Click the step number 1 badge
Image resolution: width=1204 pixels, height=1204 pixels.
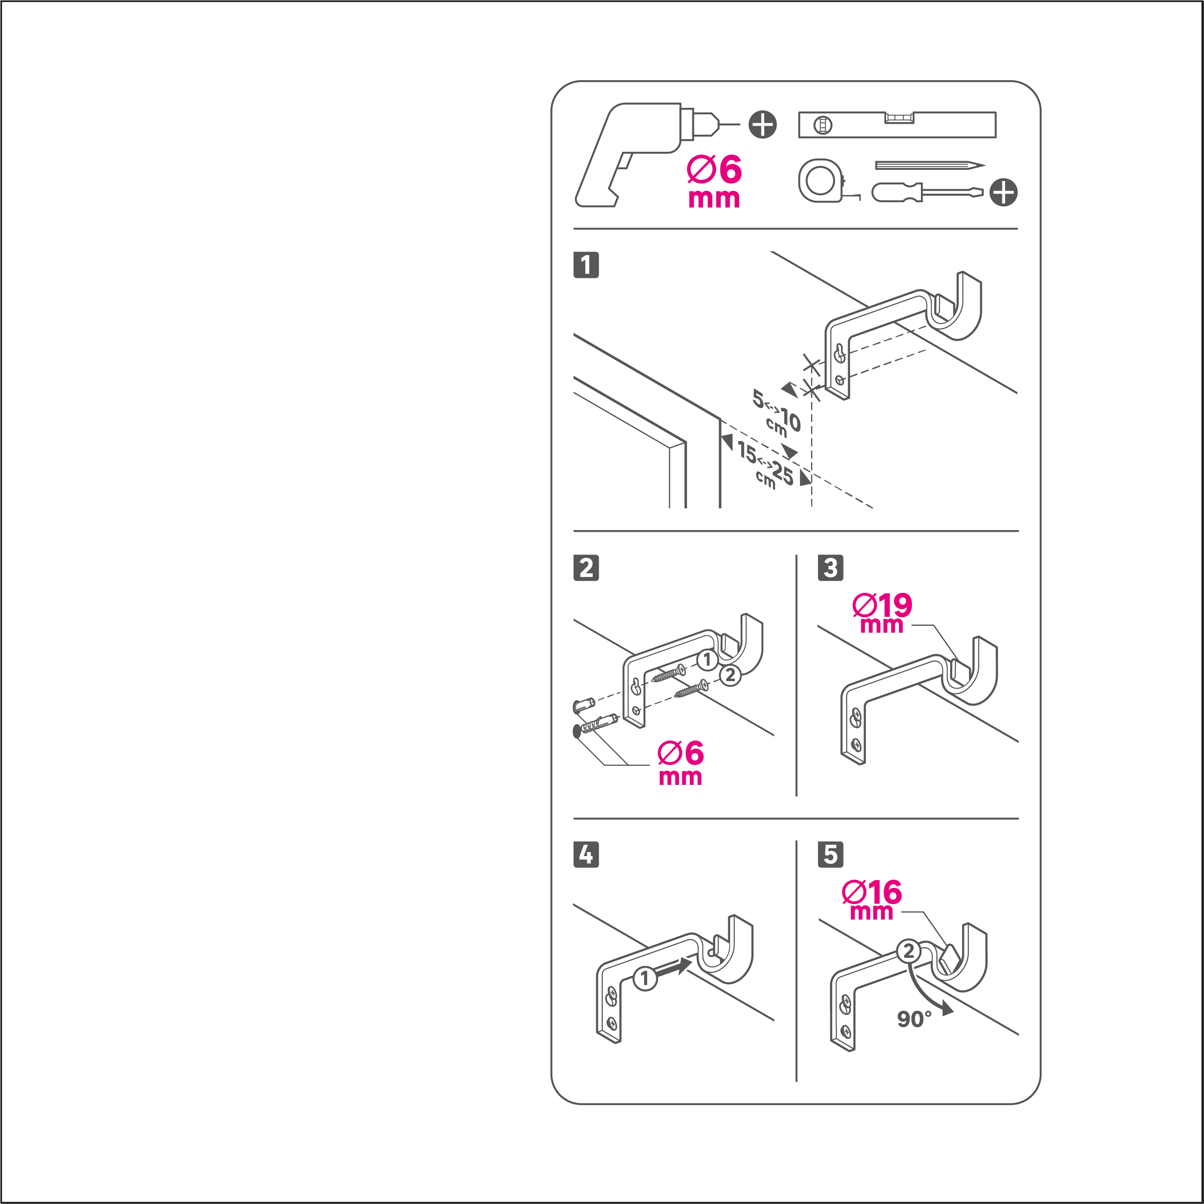pos(586,265)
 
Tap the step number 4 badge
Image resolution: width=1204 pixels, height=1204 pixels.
pos(586,854)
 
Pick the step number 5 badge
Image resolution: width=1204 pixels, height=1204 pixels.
pos(831,854)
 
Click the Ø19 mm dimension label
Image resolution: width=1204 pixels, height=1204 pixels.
pos(882,613)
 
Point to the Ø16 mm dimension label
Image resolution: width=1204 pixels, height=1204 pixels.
pos(872,900)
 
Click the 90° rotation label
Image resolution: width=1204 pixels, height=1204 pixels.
pos(914,1019)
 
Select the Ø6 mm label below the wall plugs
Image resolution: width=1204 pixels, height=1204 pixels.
pos(681,763)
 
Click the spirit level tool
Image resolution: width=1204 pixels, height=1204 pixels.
pos(897,125)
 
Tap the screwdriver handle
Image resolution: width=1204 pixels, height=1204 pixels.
pos(896,192)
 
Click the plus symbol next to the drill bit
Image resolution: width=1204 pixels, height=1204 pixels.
pos(763,125)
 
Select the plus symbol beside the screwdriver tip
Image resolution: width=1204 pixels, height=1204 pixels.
pos(1003,192)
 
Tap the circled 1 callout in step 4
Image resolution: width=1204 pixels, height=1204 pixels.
pos(645,978)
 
